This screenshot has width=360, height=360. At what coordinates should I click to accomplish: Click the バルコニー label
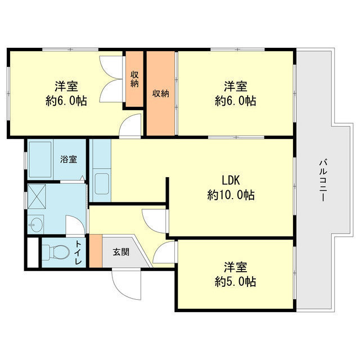coord(323,181)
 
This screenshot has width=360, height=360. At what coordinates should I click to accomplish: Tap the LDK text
coord(231,180)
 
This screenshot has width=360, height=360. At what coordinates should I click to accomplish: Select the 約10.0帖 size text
coord(231,195)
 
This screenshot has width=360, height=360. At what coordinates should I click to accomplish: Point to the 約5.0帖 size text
coord(235,281)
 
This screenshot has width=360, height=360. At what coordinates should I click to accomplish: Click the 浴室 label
coord(69,159)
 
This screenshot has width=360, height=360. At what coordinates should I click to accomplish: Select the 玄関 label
coord(120,252)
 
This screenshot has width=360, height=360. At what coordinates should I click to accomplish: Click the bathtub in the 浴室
coord(43,159)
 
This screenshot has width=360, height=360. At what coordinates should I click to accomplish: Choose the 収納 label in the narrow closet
coord(135,79)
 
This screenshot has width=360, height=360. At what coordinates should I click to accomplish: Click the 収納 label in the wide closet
coord(160,93)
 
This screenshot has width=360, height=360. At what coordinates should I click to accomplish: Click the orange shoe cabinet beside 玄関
coord(96,253)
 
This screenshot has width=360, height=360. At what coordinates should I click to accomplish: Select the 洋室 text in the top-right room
coord(235,87)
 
